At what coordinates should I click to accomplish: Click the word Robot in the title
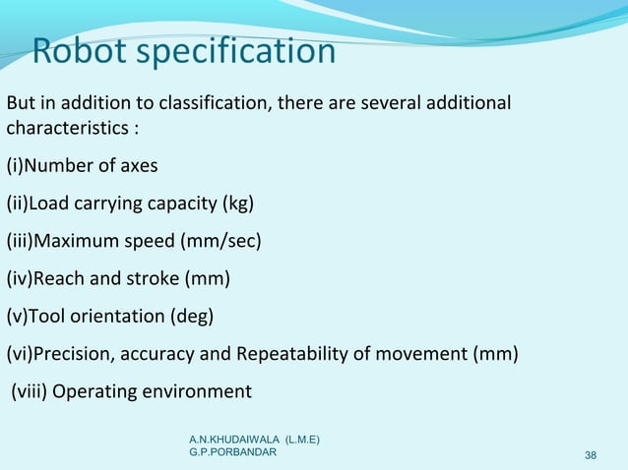[78, 50]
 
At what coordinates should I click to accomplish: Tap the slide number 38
[591, 454]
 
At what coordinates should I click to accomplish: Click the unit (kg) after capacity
[236, 204]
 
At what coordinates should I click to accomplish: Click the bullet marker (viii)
[29, 391]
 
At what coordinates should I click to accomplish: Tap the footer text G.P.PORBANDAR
[233, 451]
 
